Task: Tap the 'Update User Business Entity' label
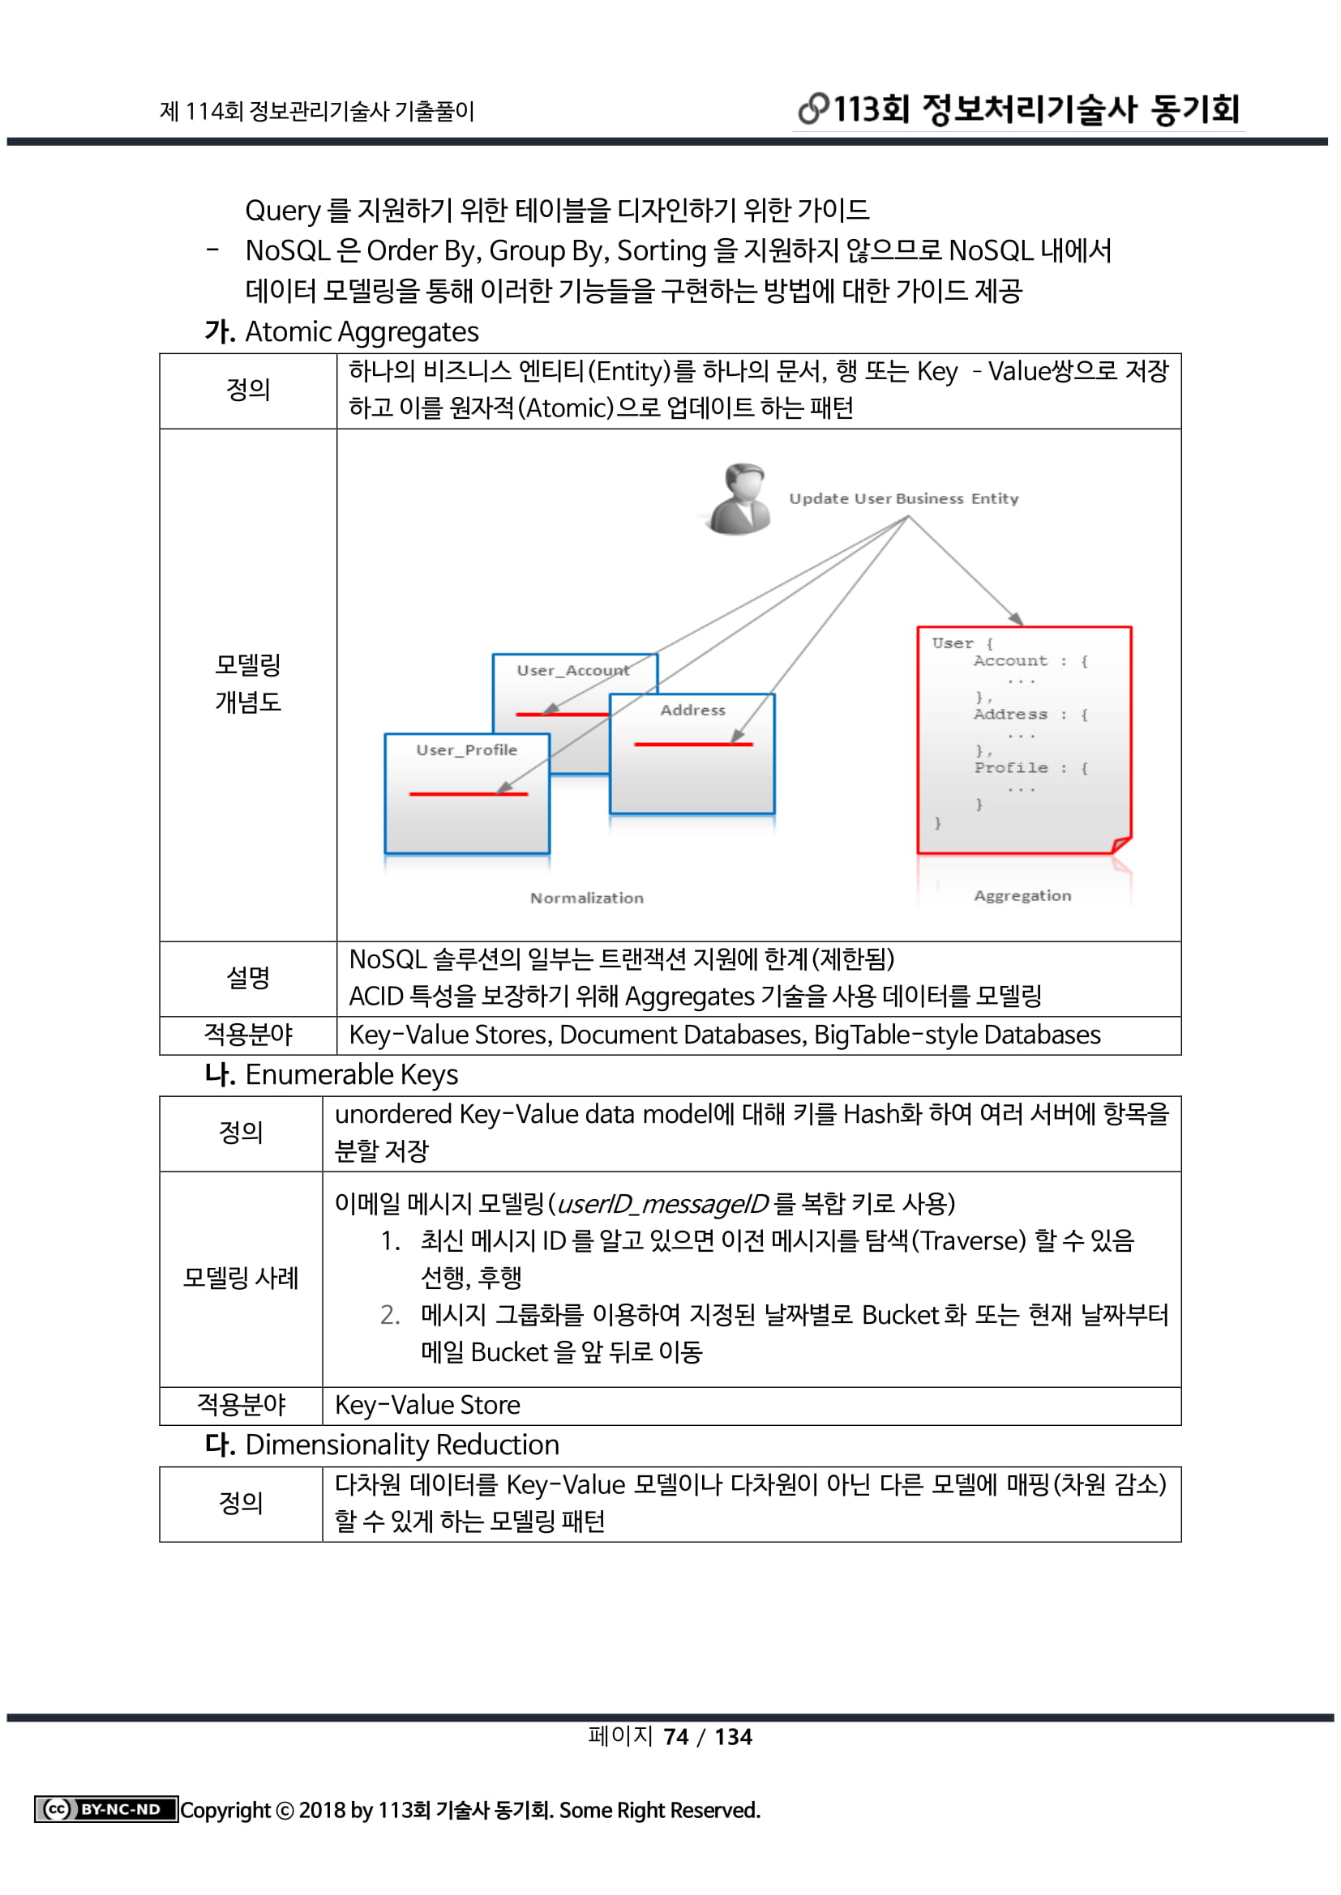[903, 498]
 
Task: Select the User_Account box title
[572, 670]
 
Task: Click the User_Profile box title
[466, 749]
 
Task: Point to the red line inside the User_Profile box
[467, 794]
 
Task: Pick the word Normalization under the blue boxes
[586, 898]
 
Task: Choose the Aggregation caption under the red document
[1022, 895]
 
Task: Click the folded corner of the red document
[1120, 844]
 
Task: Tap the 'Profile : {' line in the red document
[1030, 767]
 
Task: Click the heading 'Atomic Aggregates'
[362, 332]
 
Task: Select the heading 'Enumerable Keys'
[351, 1074]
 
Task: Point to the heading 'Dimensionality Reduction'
[402, 1445]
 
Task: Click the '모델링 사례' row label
[240, 1278]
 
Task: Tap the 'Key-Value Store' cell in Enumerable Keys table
[427, 1405]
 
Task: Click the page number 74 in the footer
[675, 1736]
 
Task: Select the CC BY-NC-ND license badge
[105, 1809]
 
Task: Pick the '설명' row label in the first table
[248, 978]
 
